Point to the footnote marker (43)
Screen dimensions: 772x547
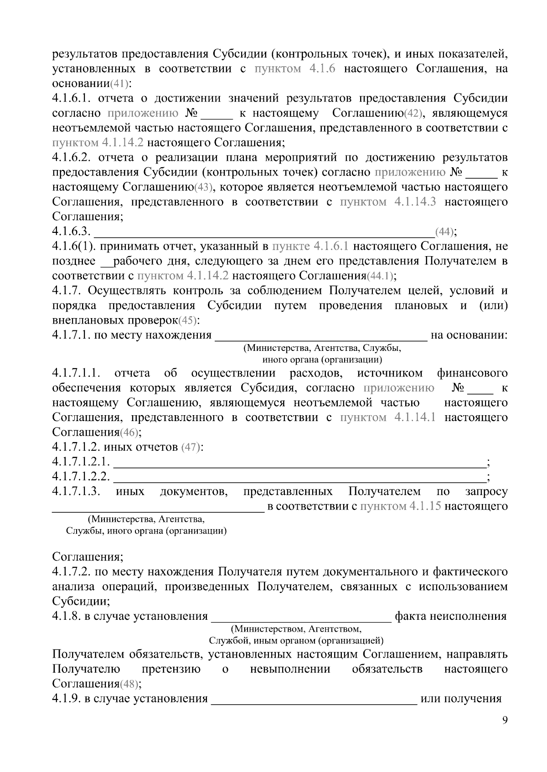(x=204, y=188)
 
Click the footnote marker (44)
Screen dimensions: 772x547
(x=444, y=232)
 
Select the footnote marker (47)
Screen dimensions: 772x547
(x=191, y=448)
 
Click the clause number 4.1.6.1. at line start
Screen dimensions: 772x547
(x=73, y=99)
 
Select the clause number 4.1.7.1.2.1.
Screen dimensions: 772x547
(x=81, y=463)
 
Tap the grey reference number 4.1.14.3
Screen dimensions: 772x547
(x=415, y=202)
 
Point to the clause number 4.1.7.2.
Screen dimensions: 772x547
(x=70, y=572)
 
